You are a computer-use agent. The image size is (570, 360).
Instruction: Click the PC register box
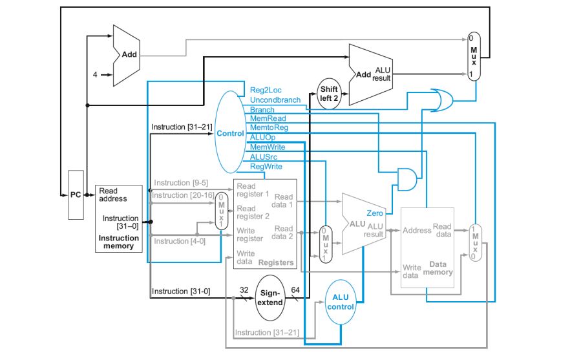click(x=76, y=195)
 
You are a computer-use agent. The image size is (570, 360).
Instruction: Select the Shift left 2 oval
click(x=329, y=93)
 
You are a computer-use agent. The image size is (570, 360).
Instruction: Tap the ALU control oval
click(x=341, y=301)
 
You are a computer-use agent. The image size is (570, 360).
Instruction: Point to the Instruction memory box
click(x=118, y=218)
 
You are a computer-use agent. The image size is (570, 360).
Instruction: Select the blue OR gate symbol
click(x=439, y=100)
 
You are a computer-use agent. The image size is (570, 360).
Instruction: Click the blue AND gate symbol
click(x=406, y=180)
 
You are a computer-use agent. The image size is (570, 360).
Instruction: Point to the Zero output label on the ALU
click(x=375, y=213)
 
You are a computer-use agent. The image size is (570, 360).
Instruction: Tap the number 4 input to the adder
click(x=95, y=74)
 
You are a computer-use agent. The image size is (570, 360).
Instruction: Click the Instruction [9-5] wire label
click(x=180, y=183)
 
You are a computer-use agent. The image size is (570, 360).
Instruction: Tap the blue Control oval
click(x=231, y=133)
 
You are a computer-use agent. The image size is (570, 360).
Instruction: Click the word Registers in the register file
click(x=275, y=262)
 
